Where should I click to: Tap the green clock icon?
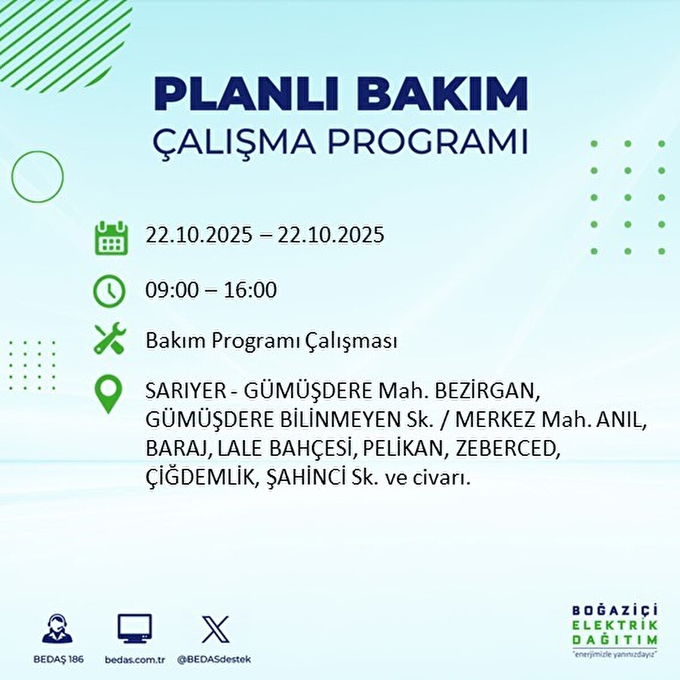(x=109, y=291)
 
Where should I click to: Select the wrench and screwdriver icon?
(x=109, y=340)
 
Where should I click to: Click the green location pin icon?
(x=108, y=395)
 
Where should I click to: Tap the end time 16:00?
(x=250, y=290)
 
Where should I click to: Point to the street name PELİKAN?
(x=403, y=449)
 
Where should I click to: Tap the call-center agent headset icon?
(x=58, y=630)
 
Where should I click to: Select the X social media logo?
(x=215, y=629)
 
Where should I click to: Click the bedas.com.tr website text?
(x=135, y=660)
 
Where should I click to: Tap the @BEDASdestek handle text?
(x=214, y=660)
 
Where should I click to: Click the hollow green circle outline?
(x=37, y=177)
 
